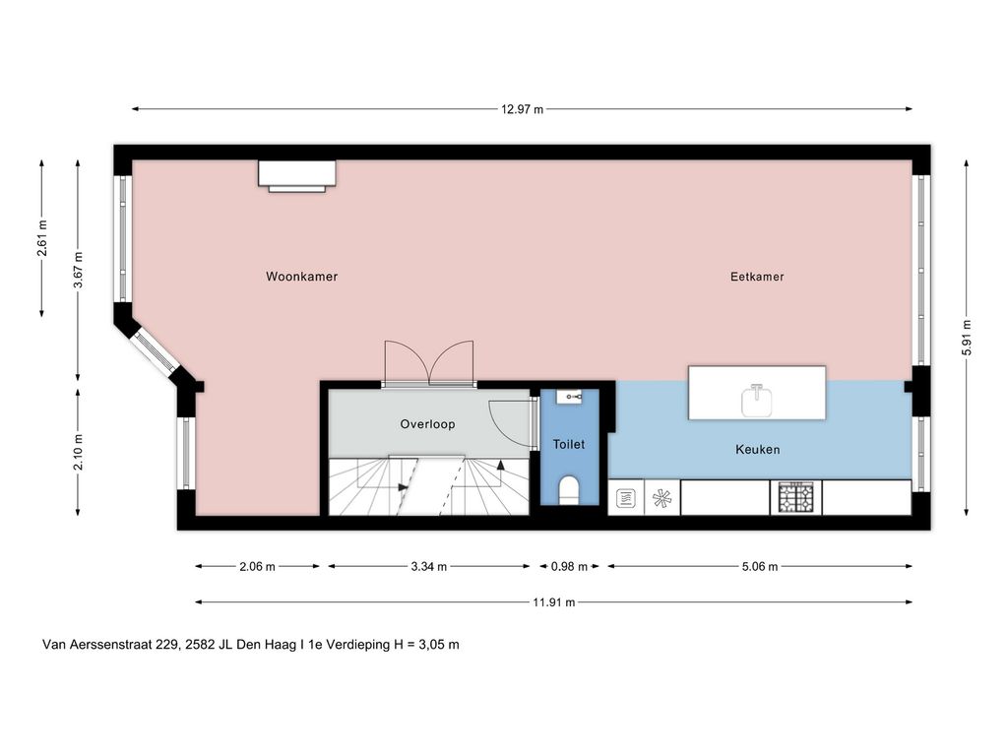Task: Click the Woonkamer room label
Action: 301,277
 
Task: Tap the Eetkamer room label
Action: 757,277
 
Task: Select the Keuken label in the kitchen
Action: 757,449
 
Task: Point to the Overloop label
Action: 427,424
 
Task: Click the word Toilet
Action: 568,444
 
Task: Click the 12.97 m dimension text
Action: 522,109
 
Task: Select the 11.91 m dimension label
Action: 554,602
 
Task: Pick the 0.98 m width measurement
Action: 568,566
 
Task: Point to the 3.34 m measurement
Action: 427,566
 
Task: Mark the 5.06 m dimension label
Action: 758,566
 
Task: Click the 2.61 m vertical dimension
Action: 42,238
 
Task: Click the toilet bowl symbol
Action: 568,489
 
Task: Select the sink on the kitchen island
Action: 756,398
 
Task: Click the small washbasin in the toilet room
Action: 569,397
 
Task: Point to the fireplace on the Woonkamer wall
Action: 297,174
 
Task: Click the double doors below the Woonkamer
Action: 429,362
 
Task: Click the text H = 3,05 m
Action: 426,645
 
